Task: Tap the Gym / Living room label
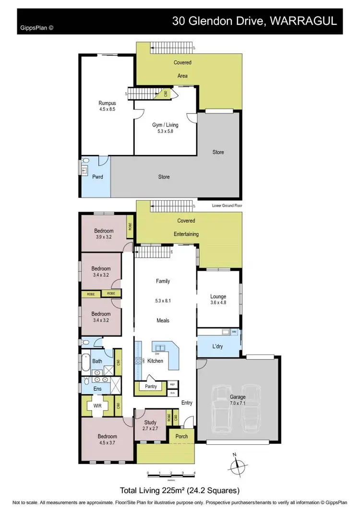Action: pyautogui.click(x=165, y=125)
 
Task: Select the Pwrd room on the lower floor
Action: pyautogui.click(x=98, y=177)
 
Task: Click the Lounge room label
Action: pyautogui.click(x=218, y=296)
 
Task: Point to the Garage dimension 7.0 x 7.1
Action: pyautogui.click(x=238, y=403)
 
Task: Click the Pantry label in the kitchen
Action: pyautogui.click(x=151, y=386)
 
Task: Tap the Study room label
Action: pyautogui.click(x=150, y=422)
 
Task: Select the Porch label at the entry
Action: pyautogui.click(x=181, y=436)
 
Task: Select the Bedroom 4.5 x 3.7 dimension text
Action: pyautogui.click(x=107, y=443)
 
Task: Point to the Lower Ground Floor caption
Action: pyautogui.click(x=227, y=205)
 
